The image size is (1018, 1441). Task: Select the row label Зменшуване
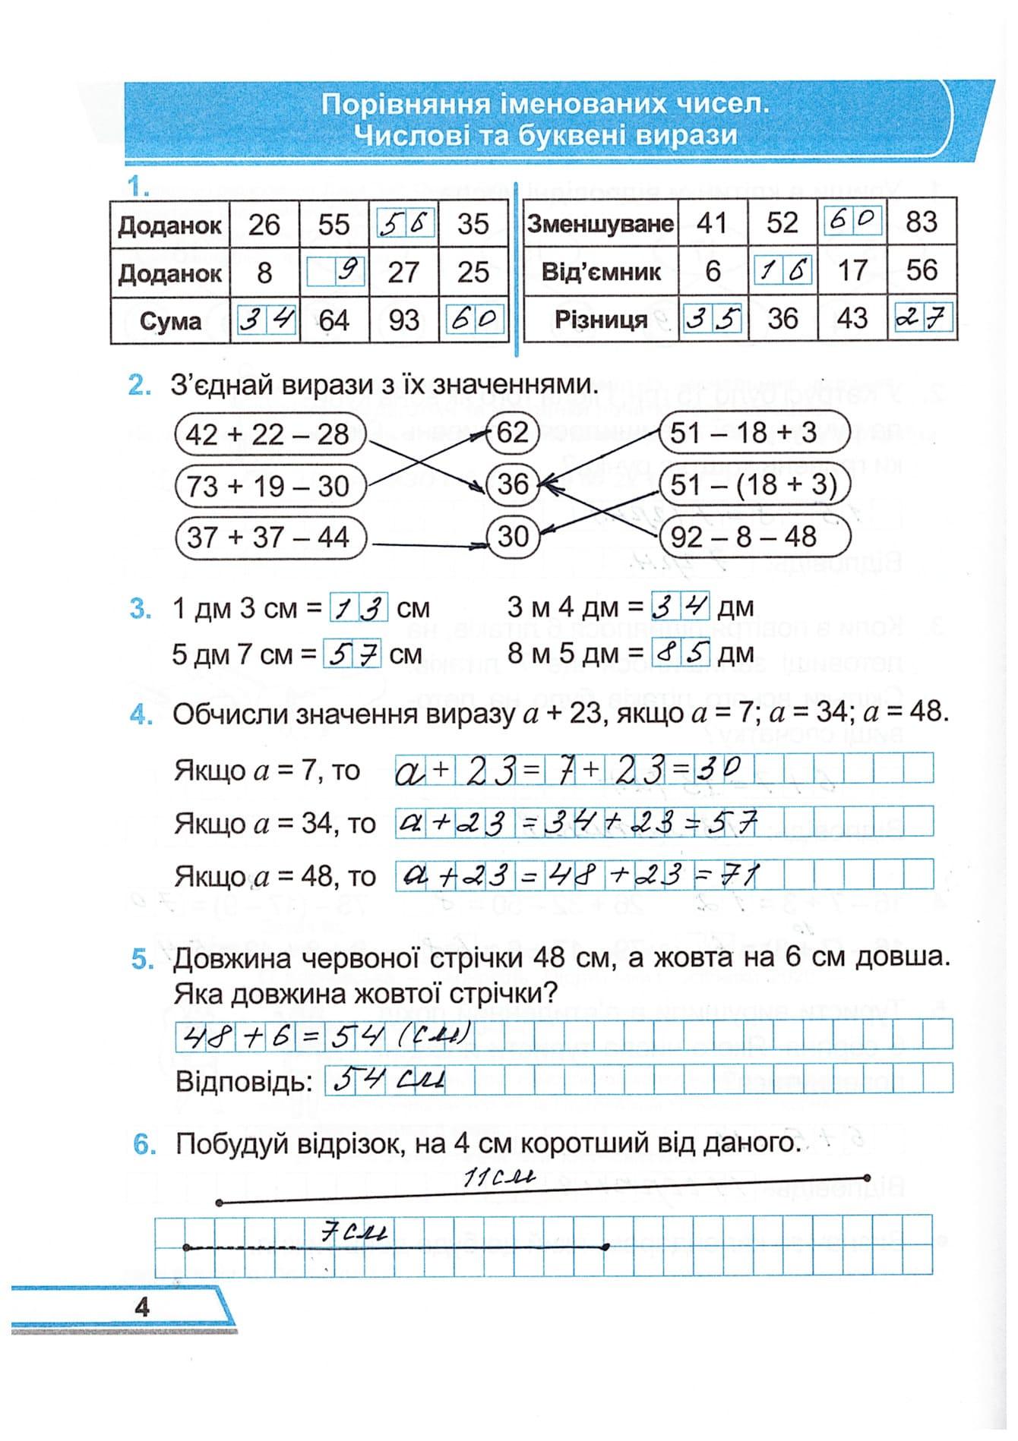coord(600,224)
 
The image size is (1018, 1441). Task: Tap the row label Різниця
coord(600,320)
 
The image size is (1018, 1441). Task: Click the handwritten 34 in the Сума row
coord(265,320)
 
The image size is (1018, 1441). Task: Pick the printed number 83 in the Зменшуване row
coord(921,222)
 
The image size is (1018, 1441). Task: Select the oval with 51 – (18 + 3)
coord(753,485)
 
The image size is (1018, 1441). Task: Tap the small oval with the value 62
coord(512,433)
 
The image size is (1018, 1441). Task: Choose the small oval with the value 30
coord(512,537)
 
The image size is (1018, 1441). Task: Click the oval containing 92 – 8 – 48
coord(753,537)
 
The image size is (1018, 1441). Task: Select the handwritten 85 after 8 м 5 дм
coord(681,654)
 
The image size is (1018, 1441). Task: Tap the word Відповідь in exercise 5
coord(244,1081)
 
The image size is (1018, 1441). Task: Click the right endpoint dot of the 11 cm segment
coord(867,1178)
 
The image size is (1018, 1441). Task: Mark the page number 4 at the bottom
coord(142,1307)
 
